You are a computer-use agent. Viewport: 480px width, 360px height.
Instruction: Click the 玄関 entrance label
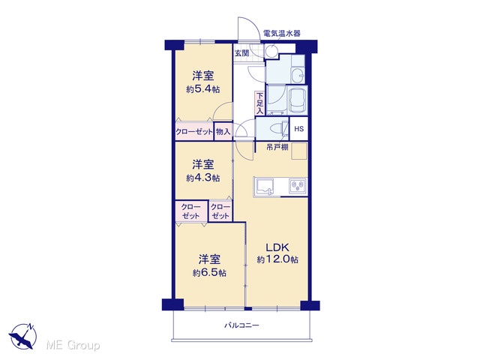241,53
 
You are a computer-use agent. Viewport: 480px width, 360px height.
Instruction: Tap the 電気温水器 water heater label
282,33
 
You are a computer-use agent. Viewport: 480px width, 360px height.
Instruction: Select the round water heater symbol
271,51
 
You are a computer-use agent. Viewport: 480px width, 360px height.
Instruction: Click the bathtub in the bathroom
298,100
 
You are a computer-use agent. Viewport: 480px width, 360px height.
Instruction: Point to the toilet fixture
281,128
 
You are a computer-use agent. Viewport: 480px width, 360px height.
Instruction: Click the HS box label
298,128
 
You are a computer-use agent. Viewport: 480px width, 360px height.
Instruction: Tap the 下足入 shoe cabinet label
259,103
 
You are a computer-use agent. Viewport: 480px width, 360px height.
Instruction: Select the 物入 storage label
223,132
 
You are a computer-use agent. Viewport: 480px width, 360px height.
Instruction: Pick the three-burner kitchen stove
298,185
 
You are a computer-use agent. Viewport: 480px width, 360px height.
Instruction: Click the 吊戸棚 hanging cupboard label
277,147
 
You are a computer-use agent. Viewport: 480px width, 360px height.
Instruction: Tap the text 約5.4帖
203,89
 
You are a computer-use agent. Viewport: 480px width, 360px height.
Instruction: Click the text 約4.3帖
203,178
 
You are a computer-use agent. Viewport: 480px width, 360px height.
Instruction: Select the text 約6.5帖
209,272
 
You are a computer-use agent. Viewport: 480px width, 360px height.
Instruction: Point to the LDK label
277,247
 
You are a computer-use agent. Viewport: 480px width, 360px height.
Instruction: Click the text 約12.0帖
277,259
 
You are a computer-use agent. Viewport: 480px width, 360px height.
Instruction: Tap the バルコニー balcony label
241,325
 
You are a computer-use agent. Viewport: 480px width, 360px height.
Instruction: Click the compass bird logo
23,336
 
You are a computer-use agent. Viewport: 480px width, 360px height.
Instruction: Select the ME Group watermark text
73,345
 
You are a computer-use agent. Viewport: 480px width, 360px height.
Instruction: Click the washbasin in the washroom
298,75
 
